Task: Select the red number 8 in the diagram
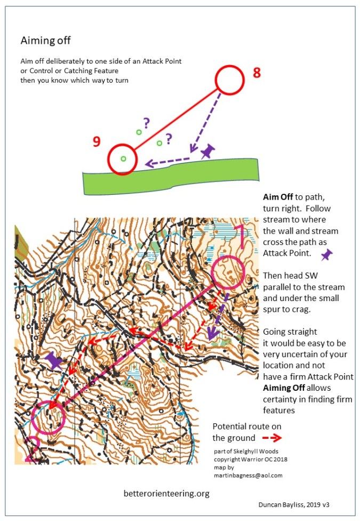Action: [257, 73]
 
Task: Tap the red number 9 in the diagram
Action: [97, 141]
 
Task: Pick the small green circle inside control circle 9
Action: [123, 159]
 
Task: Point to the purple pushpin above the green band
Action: [207, 152]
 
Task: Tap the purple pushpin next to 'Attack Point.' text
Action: [326, 256]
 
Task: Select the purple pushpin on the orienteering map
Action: [54, 360]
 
